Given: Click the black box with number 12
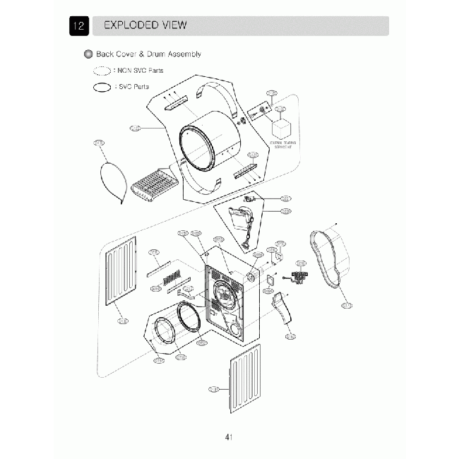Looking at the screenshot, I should point(78,26).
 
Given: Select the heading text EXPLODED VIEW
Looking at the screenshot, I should point(145,25).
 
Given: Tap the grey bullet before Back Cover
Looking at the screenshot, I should point(88,54).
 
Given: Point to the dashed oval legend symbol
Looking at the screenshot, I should point(102,71).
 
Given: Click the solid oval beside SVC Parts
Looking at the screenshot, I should point(102,86).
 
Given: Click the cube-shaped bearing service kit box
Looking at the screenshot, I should point(282,129).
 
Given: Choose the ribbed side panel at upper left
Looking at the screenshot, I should point(120,271).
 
